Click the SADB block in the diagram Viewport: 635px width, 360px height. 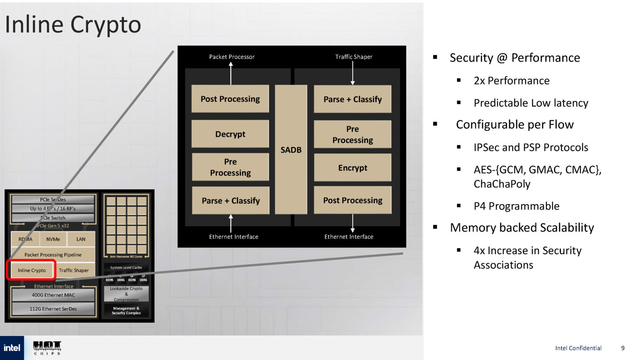click(x=291, y=150)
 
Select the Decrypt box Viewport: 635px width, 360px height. click(x=230, y=134)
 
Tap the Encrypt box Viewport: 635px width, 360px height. click(x=352, y=167)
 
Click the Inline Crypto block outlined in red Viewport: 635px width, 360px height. click(x=32, y=270)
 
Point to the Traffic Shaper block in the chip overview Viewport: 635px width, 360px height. click(x=74, y=270)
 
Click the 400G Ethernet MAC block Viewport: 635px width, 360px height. click(x=53, y=295)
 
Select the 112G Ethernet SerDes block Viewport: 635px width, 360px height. click(x=53, y=309)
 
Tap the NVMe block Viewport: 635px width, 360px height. click(x=53, y=239)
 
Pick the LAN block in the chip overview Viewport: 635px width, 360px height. click(x=81, y=239)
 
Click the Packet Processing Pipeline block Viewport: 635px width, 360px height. click(x=53, y=255)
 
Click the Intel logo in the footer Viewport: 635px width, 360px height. click(x=12, y=348)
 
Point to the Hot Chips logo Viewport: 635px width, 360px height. click(x=47, y=348)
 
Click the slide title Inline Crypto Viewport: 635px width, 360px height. click(x=73, y=24)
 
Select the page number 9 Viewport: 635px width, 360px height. click(x=623, y=348)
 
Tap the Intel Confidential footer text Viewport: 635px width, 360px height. click(x=578, y=348)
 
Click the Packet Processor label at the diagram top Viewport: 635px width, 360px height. click(x=232, y=57)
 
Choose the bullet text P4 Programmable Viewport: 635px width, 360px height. click(x=516, y=206)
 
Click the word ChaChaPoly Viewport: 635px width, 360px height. click(x=502, y=184)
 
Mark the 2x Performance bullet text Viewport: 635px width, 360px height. click(x=511, y=81)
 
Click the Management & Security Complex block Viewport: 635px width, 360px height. click(x=126, y=311)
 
